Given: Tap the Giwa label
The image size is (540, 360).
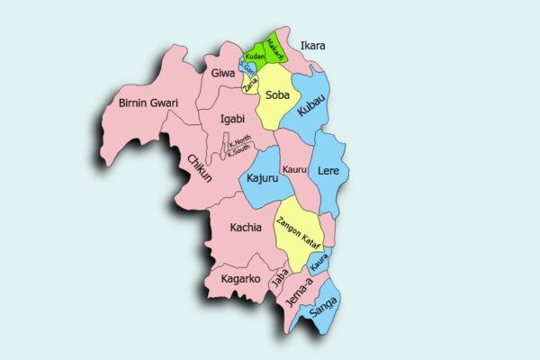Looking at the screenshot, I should (223, 73).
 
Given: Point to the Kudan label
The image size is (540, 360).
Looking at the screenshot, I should (255, 57).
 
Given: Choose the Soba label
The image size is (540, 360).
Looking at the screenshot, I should (277, 92).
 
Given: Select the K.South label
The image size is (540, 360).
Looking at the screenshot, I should (241, 151).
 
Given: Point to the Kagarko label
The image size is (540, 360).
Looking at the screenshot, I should (240, 279).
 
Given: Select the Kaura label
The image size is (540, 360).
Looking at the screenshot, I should (319, 264).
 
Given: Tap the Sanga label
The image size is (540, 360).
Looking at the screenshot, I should (323, 311).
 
